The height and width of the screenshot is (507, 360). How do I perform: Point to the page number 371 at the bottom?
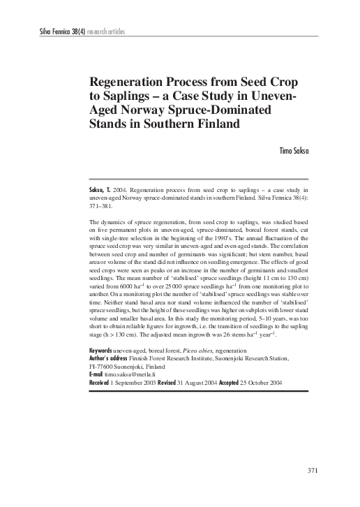point(313,469)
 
